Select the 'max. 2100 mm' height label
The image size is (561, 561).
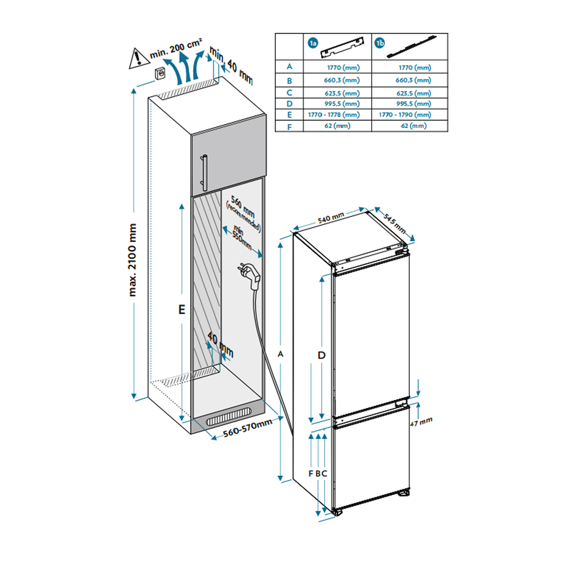pos(132,260)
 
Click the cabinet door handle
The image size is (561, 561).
pos(205,172)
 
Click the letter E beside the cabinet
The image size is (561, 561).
pos(182,309)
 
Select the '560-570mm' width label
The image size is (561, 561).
pos(248,428)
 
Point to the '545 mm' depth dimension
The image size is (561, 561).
pos(395,224)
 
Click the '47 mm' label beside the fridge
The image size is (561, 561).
pos(421,422)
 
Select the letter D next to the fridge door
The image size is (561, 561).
pos(321,355)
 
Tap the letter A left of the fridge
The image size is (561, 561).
pos(280,354)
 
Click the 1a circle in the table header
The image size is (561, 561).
pos(313,43)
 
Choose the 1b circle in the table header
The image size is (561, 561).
pos(379,43)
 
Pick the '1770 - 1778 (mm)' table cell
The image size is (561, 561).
pos(334,114)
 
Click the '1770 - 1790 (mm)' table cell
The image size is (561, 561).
pos(405,114)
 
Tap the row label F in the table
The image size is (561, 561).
pos(290,127)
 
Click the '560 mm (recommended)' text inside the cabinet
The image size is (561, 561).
pos(244,214)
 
